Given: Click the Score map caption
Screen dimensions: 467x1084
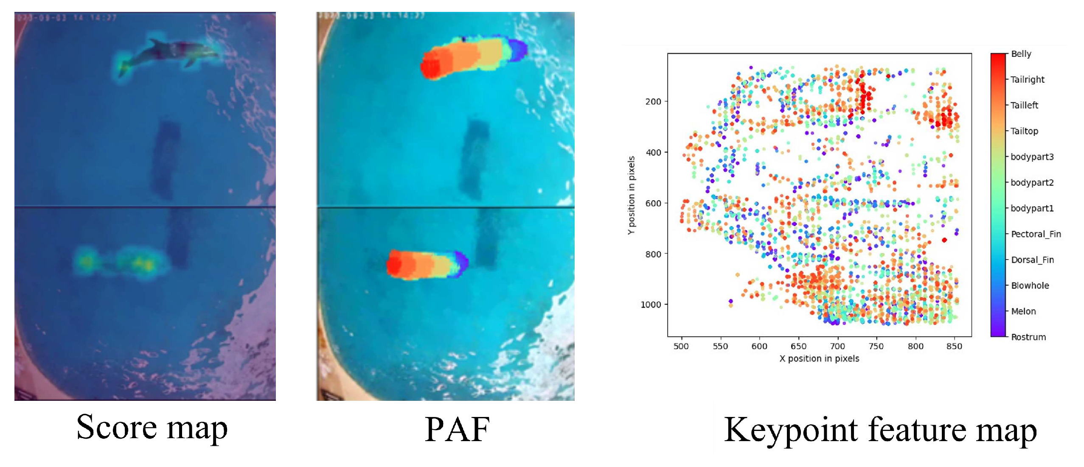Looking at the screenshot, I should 152,428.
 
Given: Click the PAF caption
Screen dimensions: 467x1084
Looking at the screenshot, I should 457,429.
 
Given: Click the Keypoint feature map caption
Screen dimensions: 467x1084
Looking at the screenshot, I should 880,430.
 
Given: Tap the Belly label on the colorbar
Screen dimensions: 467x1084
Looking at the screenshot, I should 1021,54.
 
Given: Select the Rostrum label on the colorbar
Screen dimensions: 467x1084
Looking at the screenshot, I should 1028,337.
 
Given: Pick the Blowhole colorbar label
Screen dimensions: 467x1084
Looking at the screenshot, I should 1030,285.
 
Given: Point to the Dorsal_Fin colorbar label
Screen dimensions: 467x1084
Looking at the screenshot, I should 1032,260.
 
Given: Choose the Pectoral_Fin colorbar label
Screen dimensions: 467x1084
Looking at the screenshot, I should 1036,234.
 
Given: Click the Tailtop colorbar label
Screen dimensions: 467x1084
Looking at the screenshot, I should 1024,131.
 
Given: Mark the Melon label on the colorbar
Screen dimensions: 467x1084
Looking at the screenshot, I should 1023,311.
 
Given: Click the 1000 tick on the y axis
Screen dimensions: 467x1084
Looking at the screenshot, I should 651,305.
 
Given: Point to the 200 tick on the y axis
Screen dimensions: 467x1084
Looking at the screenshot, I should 653,101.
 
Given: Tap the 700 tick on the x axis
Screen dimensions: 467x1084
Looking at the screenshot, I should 837,346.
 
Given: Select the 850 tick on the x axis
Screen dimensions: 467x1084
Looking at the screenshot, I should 954,346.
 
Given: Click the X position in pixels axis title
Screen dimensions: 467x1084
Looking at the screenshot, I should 819,358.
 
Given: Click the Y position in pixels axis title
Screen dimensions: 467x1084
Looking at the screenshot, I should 631,195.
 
